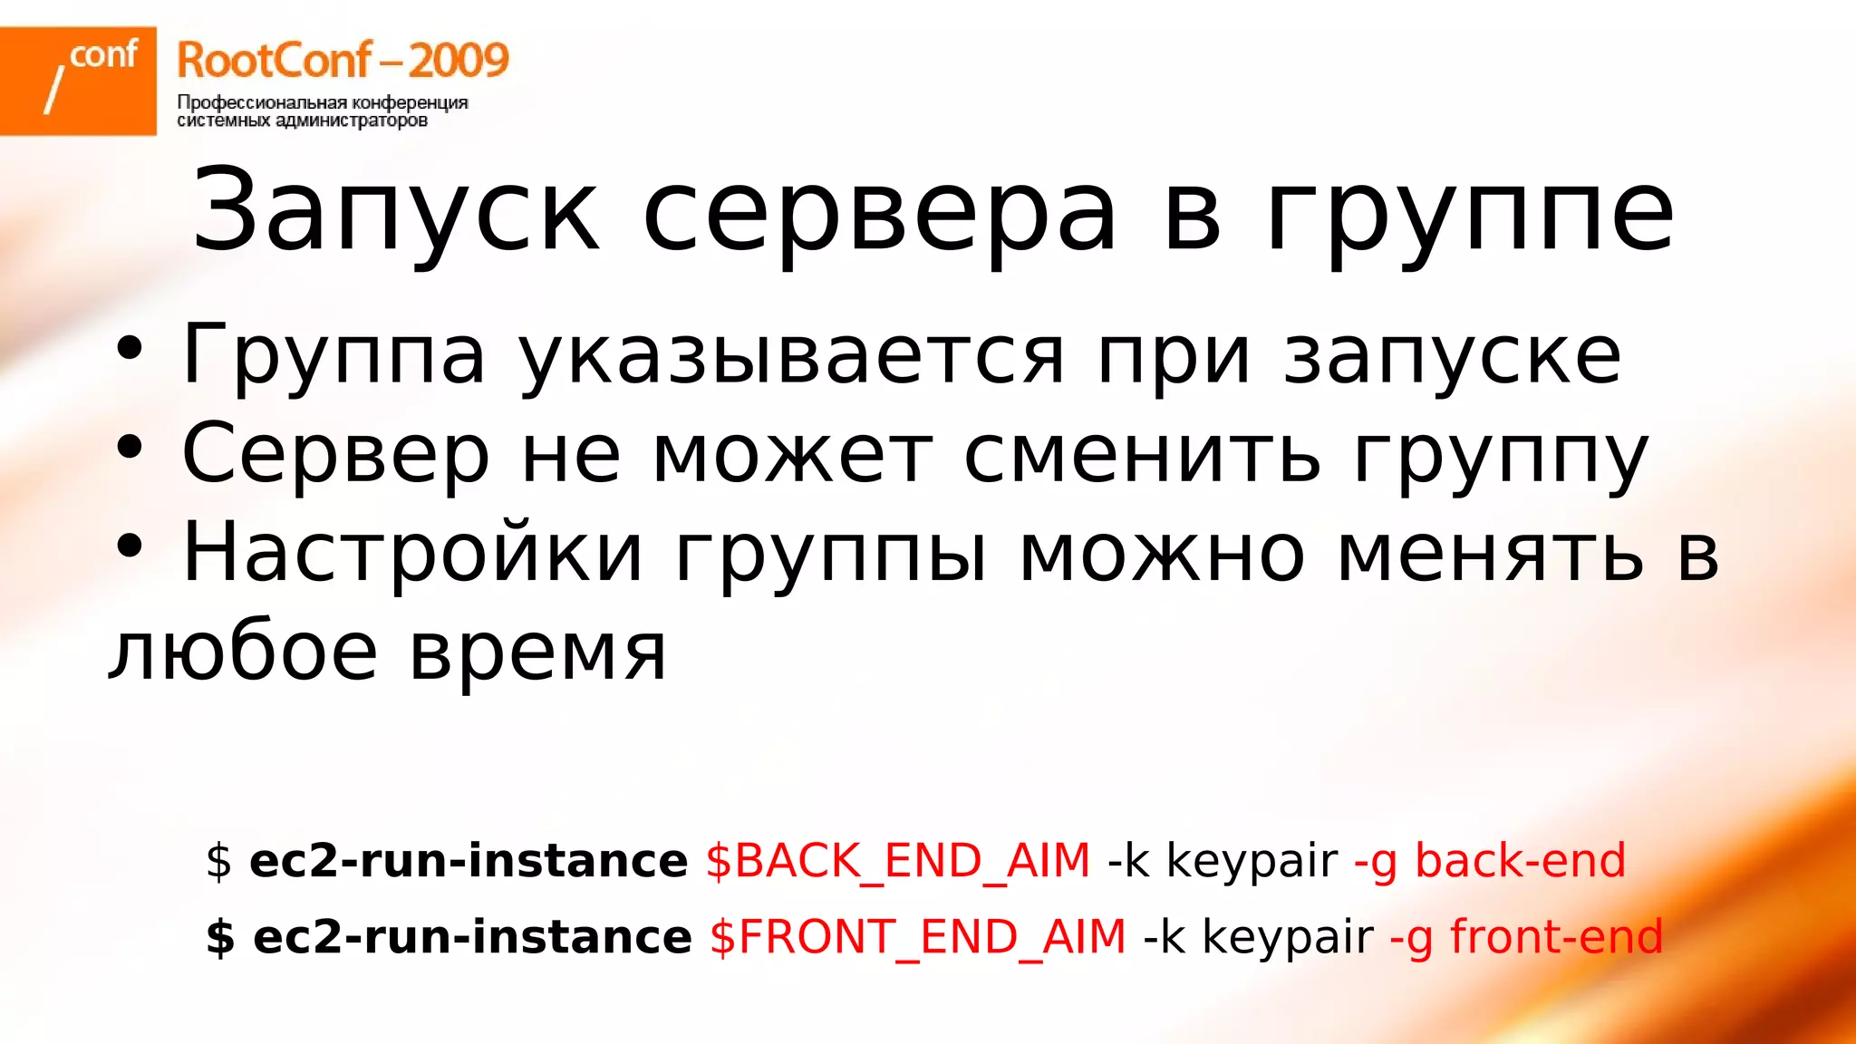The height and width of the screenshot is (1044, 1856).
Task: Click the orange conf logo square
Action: coord(78,81)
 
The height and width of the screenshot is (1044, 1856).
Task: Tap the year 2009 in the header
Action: coord(458,61)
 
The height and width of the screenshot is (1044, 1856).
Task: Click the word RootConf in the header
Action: coord(274,61)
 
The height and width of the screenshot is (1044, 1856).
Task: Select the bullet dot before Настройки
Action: coord(130,546)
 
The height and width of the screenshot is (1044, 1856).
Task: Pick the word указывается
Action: coord(791,355)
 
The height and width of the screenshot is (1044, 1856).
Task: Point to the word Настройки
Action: coord(412,553)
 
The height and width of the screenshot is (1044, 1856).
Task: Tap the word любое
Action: coord(243,652)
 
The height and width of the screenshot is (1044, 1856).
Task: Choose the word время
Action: coord(538,652)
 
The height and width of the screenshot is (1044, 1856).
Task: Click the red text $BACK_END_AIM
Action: coord(897,860)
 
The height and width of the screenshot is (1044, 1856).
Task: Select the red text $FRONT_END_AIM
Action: coord(917,936)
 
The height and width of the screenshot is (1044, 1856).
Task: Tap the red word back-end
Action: coord(1520,860)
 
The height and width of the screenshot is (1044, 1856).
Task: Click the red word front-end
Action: coord(1556,936)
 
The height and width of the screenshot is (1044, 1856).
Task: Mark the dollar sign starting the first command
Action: coord(218,860)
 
